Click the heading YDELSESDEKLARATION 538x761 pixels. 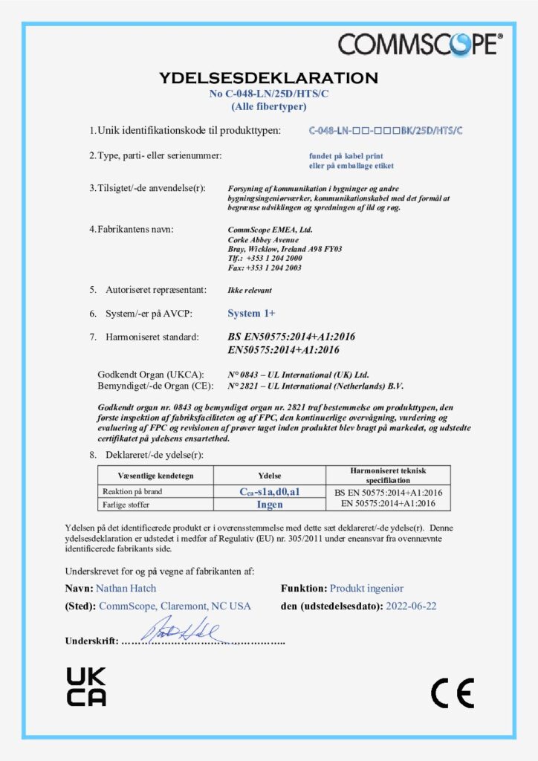268,78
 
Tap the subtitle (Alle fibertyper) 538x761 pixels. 268,106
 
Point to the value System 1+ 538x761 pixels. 251,313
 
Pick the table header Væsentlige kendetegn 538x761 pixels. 155,475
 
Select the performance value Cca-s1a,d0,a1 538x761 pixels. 269,492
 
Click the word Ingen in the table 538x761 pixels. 270,504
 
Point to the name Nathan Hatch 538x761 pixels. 126,588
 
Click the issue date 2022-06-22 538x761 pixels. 411,606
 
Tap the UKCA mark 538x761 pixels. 86,686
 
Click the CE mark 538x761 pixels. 452,693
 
